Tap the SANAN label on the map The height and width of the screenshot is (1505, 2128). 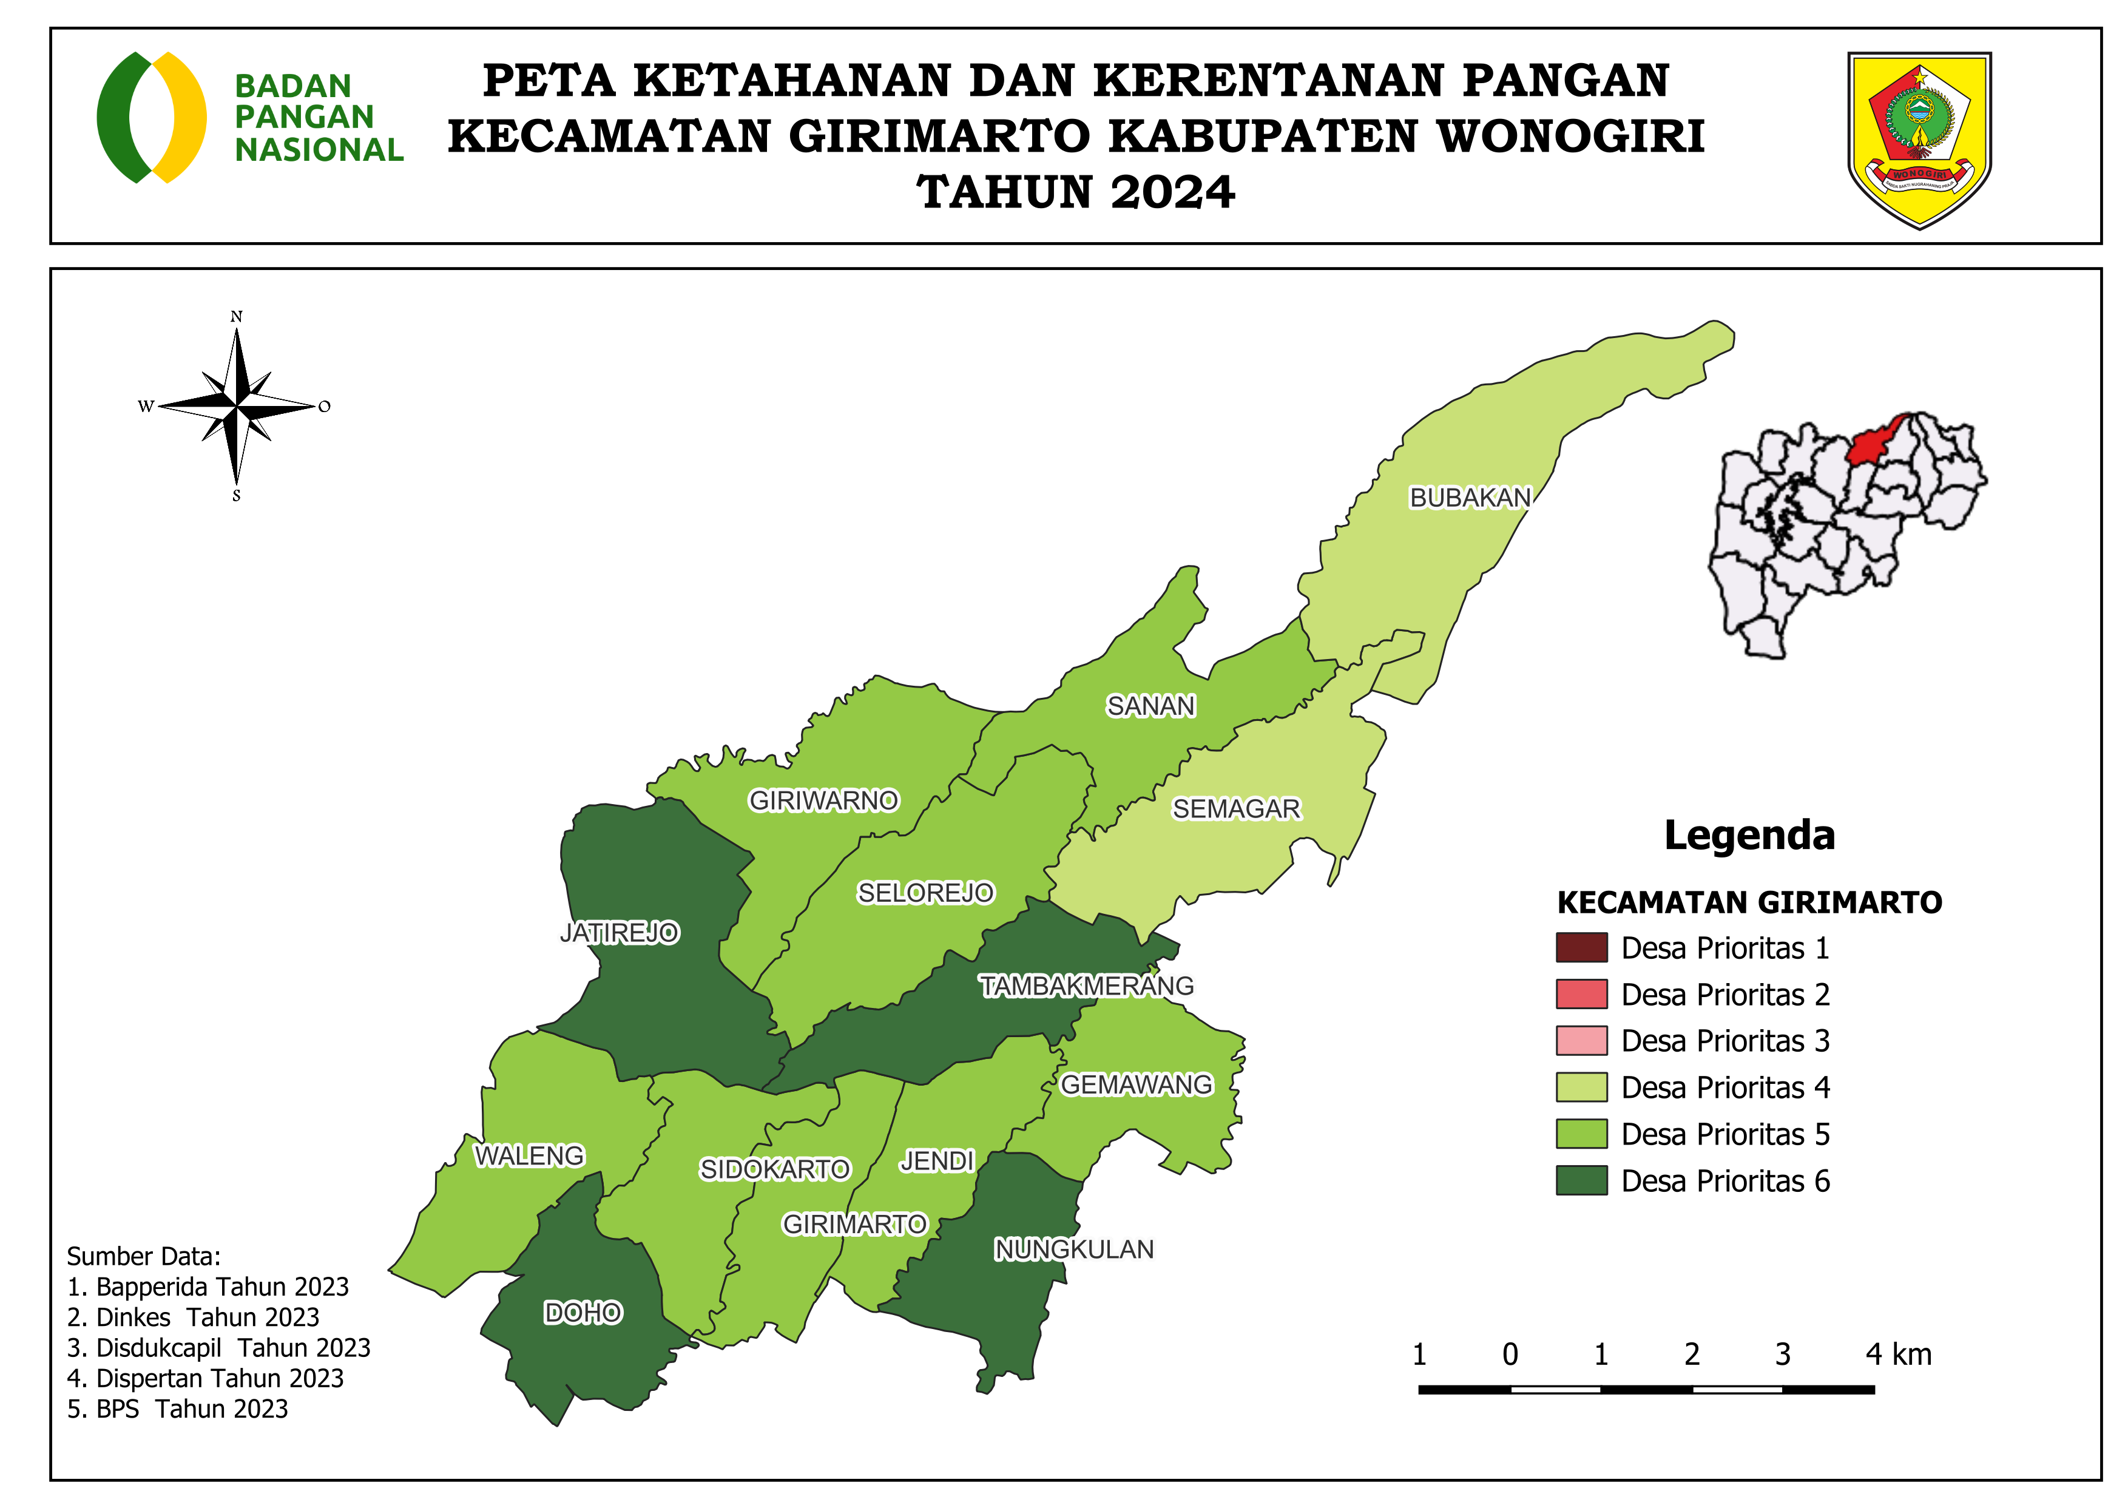coord(1150,706)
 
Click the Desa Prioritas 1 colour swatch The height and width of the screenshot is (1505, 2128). coord(1581,948)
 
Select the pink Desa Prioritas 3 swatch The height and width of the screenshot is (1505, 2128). coord(1581,1041)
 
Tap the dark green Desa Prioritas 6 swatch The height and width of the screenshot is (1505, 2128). coord(1581,1181)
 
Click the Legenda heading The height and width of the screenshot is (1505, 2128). coord(1749,835)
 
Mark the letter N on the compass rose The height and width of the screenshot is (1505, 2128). coord(236,317)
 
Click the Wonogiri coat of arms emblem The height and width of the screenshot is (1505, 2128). coord(1919,139)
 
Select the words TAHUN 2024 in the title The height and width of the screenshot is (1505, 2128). coord(1075,193)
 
